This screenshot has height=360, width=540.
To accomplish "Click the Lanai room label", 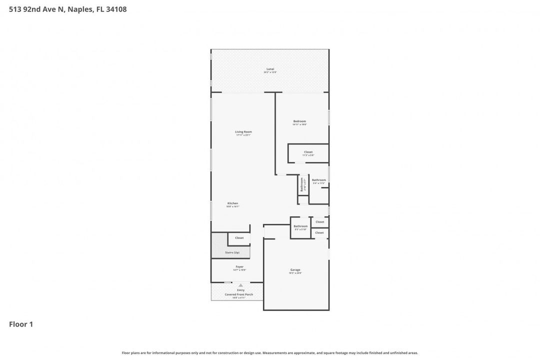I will (x=270, y=69).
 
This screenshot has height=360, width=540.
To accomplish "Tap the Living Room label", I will (x=243, y=132).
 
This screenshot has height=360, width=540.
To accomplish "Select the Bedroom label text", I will (x=299, y=121).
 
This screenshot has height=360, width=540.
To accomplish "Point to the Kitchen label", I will (x=233, y=203).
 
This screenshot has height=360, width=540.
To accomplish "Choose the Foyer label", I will (x=239, y=267).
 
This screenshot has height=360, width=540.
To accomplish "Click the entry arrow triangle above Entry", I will (x=240, y=285).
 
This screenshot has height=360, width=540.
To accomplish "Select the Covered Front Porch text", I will (x=239, y=294).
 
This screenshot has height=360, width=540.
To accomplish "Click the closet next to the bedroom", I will (x=308, y=152).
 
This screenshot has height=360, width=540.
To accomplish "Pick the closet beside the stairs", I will (x=239, y=238).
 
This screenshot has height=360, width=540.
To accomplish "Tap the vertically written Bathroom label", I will (x=302, y=185).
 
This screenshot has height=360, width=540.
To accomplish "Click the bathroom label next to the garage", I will (x=300, y=226).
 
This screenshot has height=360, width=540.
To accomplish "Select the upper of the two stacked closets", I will (x=319, y=222).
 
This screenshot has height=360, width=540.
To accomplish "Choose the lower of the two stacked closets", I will (x=319, y=233).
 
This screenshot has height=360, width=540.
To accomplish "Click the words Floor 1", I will (x=21, y=324).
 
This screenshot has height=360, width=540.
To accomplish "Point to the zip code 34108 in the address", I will (x=116, y=8).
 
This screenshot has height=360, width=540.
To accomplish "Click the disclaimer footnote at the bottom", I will (x=270, y=353).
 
